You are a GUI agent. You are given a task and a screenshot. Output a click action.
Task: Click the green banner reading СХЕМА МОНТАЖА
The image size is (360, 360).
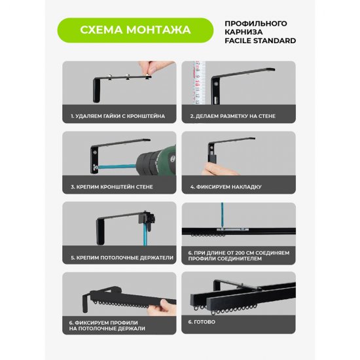coord(135,30)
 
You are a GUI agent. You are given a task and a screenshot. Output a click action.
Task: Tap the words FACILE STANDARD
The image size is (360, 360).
coord(260,41)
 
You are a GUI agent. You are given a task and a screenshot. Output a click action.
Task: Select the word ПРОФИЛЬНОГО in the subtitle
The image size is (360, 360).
coord(256,24)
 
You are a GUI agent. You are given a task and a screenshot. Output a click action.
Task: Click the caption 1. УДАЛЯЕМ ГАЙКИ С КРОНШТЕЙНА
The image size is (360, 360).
coord(118,116)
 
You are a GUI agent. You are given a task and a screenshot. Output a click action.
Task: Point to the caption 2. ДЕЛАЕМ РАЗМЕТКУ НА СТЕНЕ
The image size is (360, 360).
coord(233,116)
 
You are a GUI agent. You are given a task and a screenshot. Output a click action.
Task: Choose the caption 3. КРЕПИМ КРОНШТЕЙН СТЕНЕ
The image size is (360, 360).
coord(112,187)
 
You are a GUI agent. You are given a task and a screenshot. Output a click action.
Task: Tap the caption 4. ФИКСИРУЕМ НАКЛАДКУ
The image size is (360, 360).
coord(226,187)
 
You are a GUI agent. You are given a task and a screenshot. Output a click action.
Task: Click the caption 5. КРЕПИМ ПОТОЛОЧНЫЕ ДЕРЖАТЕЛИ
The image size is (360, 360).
coord(122,258)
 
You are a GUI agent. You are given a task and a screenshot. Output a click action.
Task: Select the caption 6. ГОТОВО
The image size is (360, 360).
coord(202,322)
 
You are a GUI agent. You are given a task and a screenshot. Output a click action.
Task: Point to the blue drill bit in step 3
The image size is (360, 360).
coord(117,167)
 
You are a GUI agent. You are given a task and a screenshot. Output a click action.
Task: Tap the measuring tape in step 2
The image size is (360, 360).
coord(199,82)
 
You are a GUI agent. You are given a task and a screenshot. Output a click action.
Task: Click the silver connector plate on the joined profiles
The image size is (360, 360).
coord(232,230)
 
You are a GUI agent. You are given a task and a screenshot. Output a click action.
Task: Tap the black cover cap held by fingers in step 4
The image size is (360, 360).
coord(213,158)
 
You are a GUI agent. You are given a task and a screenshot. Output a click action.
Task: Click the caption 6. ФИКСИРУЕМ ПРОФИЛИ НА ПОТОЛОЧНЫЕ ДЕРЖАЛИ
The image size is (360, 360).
coord(107,325)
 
